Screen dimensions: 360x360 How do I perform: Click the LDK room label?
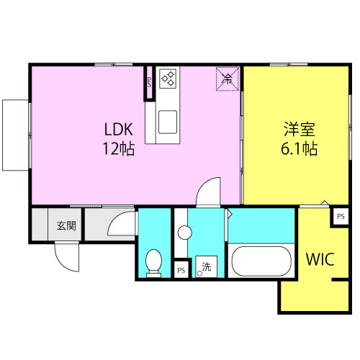[119, 129]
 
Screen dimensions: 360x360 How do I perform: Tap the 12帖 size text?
[119, 149]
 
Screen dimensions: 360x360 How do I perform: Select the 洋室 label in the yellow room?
[300, 129]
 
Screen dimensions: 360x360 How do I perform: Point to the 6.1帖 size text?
[300, 149]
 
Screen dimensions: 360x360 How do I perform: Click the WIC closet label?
[320, 259]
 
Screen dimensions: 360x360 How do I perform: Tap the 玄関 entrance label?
[66, 225]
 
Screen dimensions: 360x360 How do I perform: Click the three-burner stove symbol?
[168, 77]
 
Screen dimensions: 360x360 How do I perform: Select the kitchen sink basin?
[168, 122]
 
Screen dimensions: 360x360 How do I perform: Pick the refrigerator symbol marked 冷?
[228, 78]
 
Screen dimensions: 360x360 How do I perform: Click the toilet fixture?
[153, 264]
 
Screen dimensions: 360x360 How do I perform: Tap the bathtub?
[261, 261]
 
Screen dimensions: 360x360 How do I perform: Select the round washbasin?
[184, 233]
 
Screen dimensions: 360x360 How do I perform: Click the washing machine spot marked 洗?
[206, 266]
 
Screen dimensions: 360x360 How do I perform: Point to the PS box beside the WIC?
[341, 217]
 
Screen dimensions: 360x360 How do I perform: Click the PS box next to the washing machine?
[181, 270]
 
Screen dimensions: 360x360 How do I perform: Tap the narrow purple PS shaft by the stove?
[149, 82]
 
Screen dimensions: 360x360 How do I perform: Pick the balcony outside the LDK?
[15, 135]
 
